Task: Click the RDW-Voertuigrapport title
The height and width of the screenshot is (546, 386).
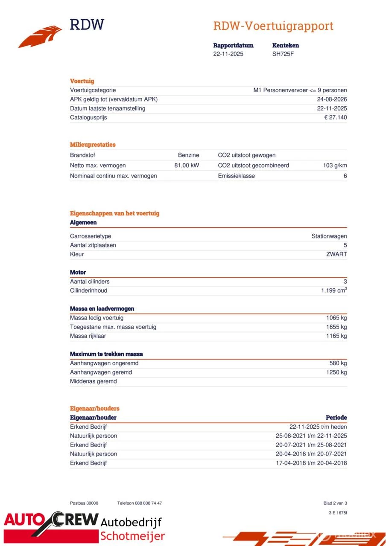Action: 273,26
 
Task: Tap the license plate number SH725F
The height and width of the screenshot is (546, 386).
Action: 283,54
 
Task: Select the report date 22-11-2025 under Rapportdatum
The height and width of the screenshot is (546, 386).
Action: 228,54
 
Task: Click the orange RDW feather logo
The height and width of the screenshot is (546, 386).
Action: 41,37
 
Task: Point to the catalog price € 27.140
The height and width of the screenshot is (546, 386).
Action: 335,117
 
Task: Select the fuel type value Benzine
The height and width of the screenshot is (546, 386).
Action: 188,155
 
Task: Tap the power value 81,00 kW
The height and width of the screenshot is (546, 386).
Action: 187,166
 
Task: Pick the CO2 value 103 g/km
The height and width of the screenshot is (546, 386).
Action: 335,166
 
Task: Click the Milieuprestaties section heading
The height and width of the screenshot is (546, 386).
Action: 93,145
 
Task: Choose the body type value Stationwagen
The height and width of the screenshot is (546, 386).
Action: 329,236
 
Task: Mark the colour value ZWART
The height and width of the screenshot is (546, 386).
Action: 336,254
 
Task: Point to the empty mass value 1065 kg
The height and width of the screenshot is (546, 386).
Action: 336,318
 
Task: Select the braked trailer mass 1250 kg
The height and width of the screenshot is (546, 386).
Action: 336,372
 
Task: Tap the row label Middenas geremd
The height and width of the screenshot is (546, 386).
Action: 93,381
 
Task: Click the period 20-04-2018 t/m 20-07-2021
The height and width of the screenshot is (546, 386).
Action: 311,454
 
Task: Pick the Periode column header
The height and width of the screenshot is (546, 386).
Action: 336,418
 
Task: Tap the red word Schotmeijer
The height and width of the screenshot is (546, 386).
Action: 132,536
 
